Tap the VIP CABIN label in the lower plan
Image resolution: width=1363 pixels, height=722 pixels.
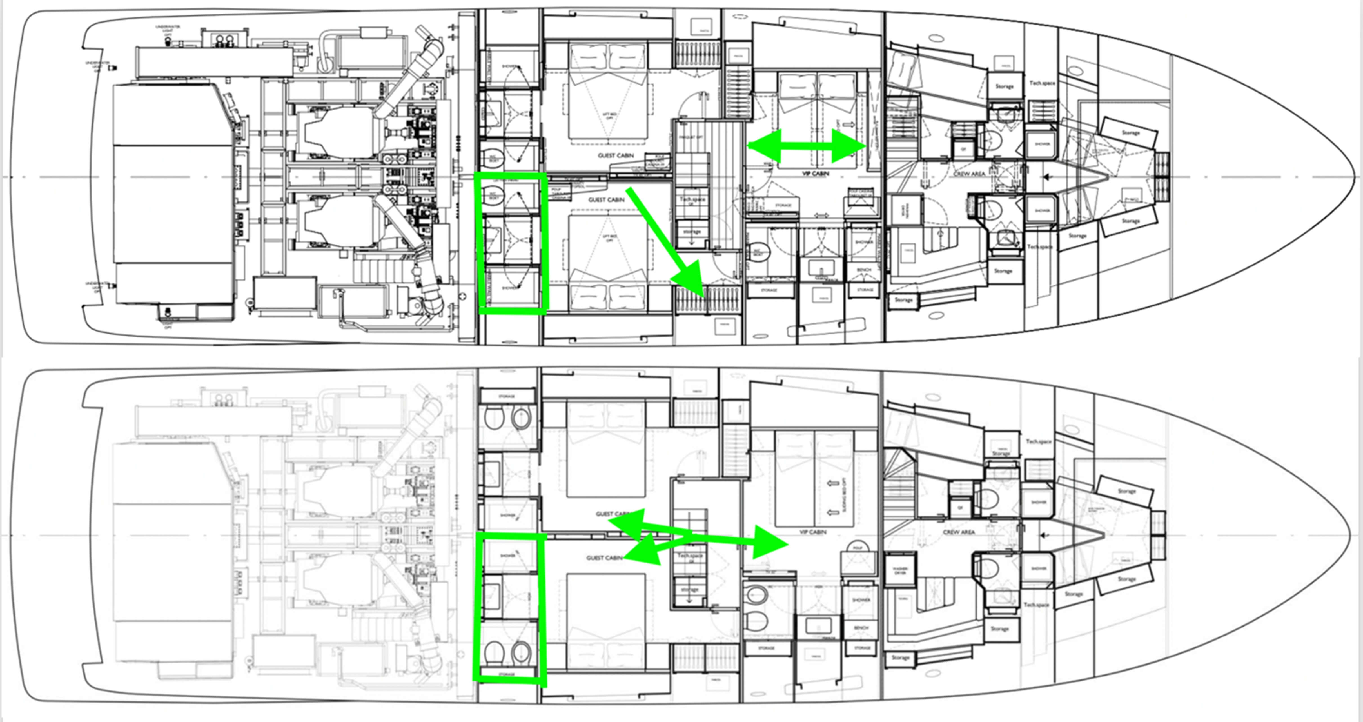813,532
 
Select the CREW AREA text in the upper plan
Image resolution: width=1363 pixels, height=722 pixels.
969,174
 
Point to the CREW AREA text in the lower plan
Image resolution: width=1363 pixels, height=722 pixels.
959,532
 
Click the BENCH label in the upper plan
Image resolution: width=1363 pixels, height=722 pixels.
863,270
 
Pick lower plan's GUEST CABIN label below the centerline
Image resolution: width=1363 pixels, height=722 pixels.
604,558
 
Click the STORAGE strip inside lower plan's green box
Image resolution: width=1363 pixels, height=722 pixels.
506,674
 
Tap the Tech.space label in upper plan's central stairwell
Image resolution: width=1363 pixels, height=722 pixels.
692,199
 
